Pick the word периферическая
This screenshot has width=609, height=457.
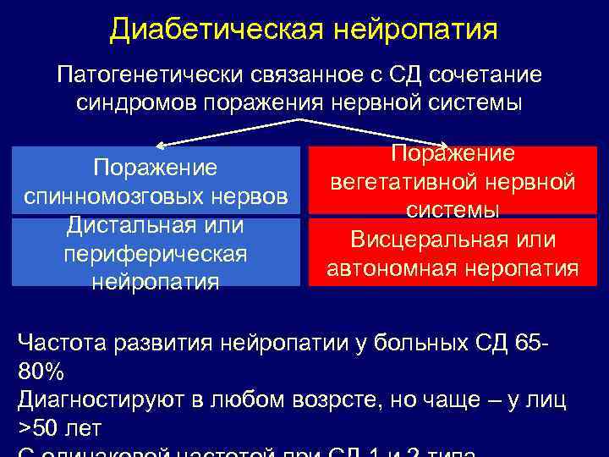[155, 254]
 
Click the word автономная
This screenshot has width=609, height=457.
[398, 268]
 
